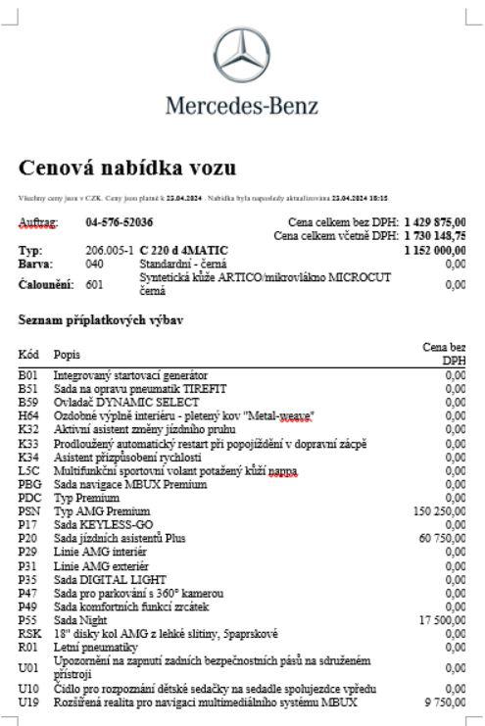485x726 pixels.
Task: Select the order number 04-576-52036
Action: tap(121, 222)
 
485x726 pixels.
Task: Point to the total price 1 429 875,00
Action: tap(434, 222)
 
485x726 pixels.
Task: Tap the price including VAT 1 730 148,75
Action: tap(434, 236)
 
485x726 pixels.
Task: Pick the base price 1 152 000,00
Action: tap(434, 251)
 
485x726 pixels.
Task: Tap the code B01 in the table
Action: tap(28, 376)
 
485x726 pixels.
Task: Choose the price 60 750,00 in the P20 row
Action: tap(445, 538)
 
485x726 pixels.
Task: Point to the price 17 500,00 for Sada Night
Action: tap(445, 619)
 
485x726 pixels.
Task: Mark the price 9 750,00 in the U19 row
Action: tap(448, 702)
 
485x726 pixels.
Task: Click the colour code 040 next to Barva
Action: tap(94, 264)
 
